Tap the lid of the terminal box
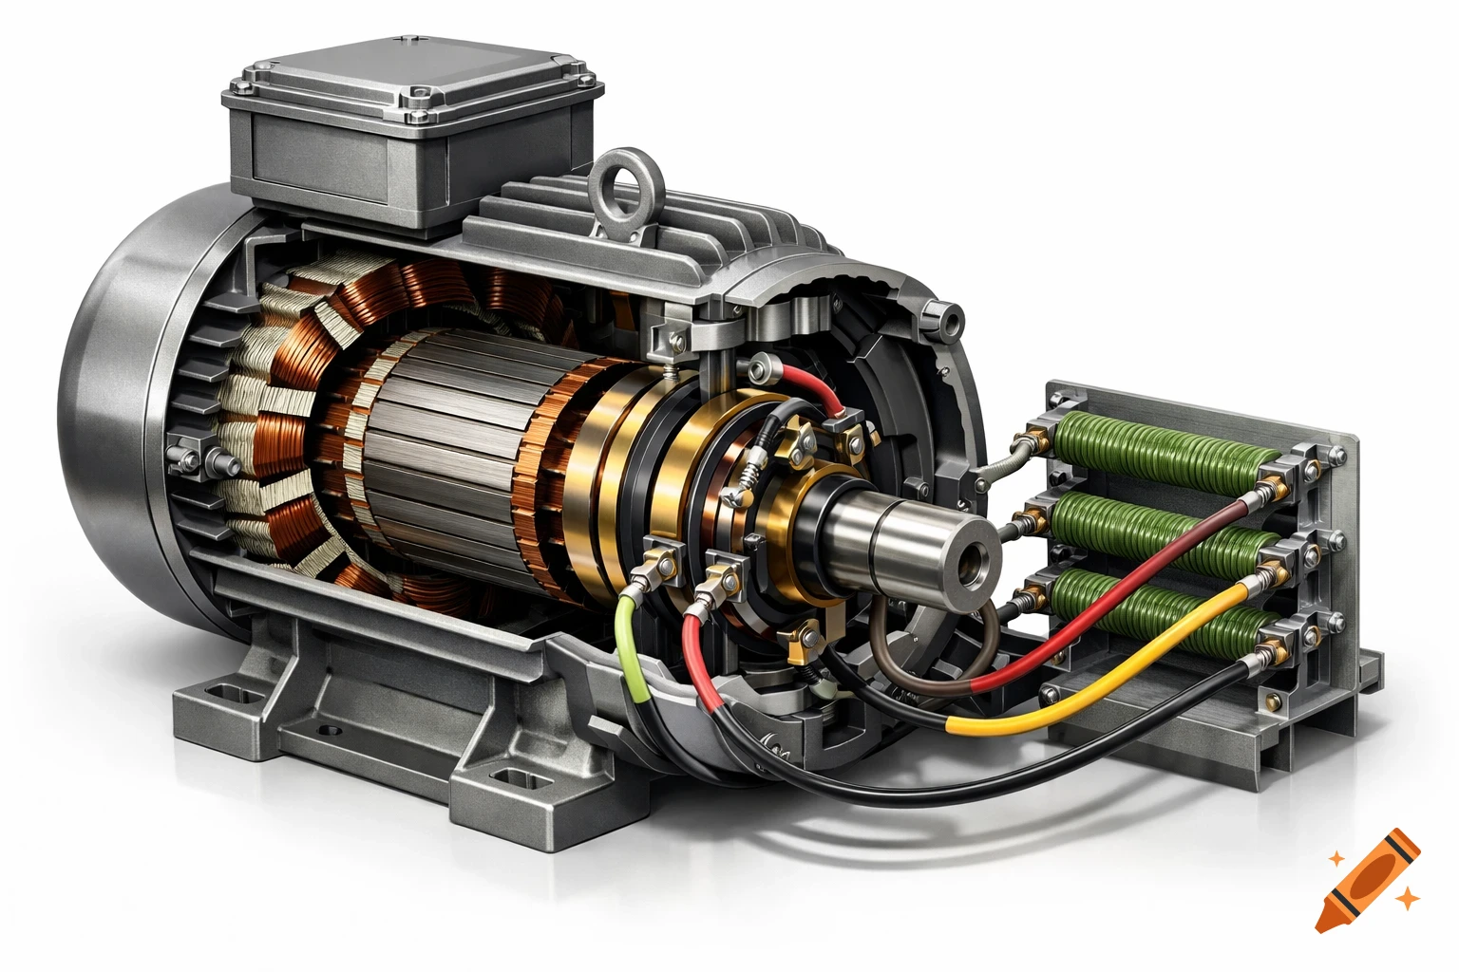coord(413,81)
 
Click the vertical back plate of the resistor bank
coord(1330,532)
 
